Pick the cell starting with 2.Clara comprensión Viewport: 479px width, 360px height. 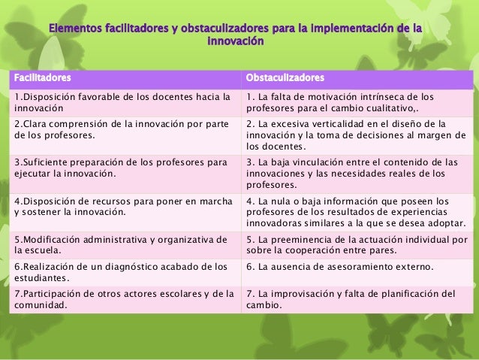120,129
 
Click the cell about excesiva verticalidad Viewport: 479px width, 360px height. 354,135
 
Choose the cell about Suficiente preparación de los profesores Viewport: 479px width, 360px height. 120,167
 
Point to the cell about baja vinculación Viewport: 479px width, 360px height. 354,173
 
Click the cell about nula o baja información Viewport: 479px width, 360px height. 354,211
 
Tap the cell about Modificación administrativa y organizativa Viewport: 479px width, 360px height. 120,245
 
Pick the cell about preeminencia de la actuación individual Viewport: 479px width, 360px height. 354,245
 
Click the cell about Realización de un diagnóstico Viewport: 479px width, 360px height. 120,273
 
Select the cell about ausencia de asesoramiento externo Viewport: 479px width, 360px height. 354,268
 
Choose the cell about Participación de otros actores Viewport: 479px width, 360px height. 120,299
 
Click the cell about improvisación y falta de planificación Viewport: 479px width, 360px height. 354,299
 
